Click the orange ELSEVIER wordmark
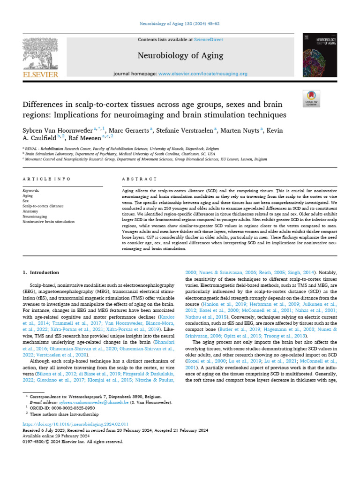[x=41, y=75]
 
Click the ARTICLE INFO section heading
[x=47, y=179]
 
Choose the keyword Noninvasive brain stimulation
[x=49, y=222]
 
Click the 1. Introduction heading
[x=41, y=272]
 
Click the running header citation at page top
[x=180, y=23]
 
